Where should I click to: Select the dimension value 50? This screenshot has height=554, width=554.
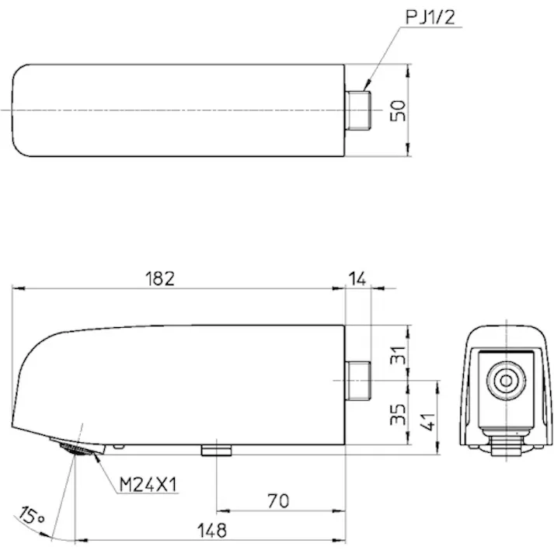398,110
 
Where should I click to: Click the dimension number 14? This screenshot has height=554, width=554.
357,277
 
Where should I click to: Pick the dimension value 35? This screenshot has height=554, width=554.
398,413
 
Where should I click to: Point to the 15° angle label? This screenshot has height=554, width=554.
31,515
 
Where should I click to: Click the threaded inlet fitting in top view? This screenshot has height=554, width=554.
358,110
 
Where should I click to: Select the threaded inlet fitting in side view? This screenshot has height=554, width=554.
357,380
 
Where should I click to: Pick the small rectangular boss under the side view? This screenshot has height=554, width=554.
217,450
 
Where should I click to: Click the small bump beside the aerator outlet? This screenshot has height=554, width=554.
118,446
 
